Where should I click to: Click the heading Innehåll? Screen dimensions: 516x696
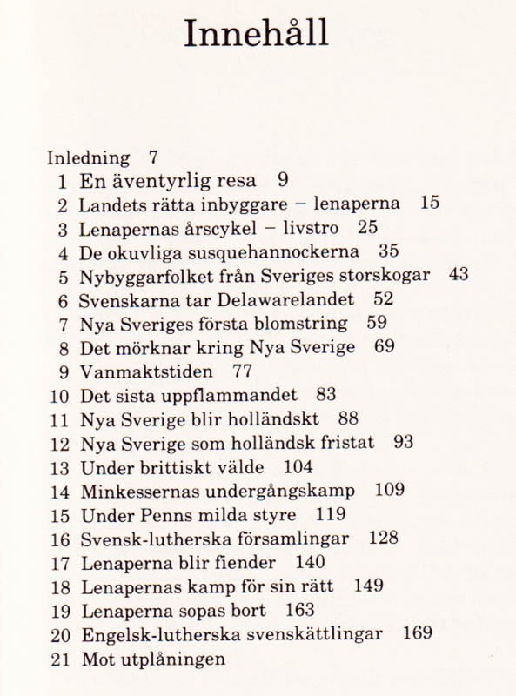(x=257, y=35)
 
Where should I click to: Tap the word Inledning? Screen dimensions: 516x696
(x=88, y=158)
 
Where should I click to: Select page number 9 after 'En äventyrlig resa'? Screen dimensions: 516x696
(x=282, y=181)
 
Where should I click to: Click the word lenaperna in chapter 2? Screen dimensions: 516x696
(x=356, y=205)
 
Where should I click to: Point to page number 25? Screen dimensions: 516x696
(x=367, y=229)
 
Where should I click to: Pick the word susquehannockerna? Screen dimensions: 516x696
(x=280, y=253)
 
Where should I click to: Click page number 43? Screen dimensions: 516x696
(x=459, y=276)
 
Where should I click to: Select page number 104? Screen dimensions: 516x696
(x=298, y=466)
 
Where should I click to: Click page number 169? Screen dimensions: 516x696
(x=418, y=633)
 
